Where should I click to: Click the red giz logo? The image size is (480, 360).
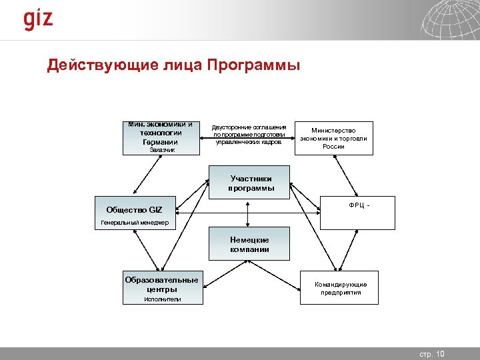pyautogui.click(x=38, y=19)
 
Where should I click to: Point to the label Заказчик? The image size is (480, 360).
pyautogui.click(x=161, y=151)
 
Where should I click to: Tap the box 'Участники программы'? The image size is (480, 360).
pyautogui.click(x=251, y=183)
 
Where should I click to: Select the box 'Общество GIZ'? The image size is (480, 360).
pyautogui.click(x=134, y=210)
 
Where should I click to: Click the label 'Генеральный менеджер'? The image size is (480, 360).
pyautogui.click(x=135, y=222)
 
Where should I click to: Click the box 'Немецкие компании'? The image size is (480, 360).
pyautogui.click(x=250, y=244)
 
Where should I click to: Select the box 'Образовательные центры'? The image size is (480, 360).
pyautogui.click(x=161, y=284)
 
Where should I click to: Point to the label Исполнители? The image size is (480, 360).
pyautogui.click(x=163, y=300)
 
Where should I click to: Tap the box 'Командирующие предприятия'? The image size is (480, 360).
pyautogui.click(x=340, y=288)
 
